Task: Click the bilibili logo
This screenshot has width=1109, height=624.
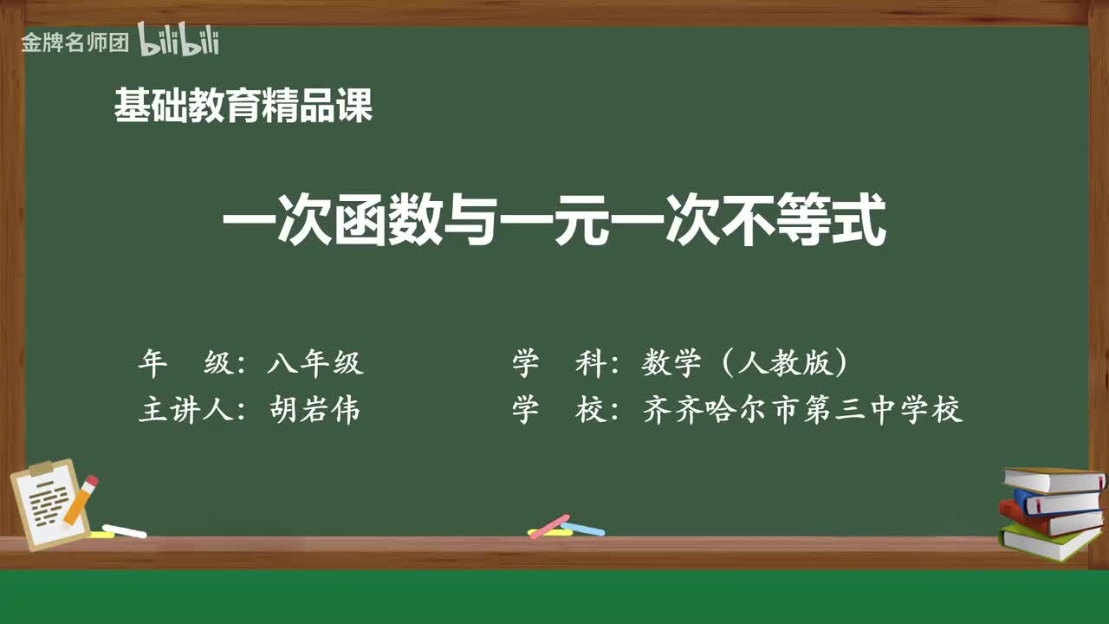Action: coord(178,41)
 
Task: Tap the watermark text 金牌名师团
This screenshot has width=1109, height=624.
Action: coord(75,42)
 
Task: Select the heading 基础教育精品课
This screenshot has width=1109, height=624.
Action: coord(243,107)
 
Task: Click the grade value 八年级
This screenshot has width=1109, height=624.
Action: coord(315,363)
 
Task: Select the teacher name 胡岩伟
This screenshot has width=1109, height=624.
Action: coord(315,410)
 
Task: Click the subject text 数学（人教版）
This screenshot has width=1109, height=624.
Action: coord(744,363)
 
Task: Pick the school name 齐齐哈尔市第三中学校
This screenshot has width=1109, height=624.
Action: coord(802,410)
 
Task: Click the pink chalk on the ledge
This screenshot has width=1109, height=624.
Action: coord(548,526)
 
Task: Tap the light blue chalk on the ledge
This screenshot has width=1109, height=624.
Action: coord(584,529)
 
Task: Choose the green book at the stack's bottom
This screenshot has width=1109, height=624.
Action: coord(1048,541)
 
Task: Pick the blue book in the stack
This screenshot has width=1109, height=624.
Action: coord(1057,500)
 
